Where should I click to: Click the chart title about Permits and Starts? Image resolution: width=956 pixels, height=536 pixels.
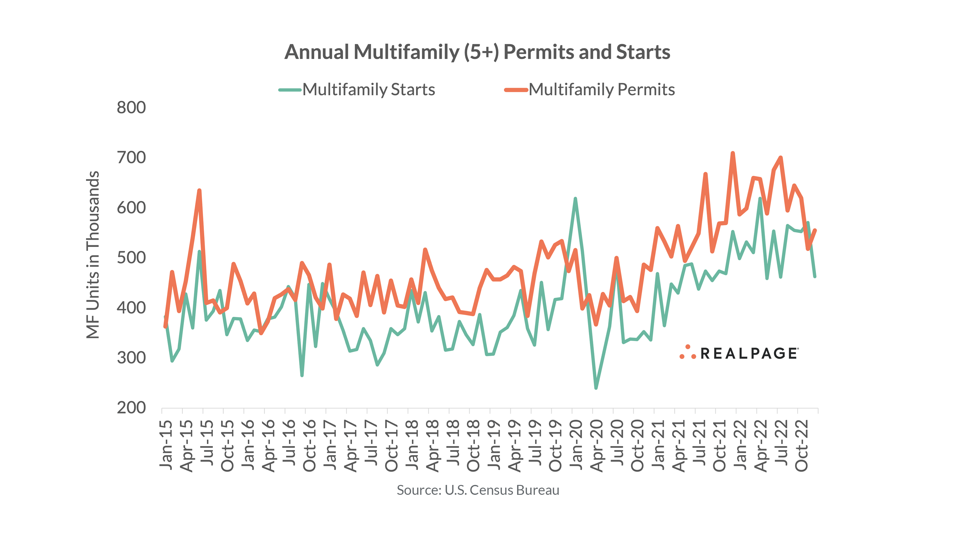(477, 52)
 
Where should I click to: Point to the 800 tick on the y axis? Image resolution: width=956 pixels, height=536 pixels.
(131, 107)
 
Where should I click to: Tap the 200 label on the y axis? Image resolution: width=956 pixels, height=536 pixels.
(131, 408)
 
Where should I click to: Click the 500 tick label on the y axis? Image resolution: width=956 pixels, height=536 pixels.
(131, 258)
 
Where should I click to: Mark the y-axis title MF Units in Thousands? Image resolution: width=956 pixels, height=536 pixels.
(93, 255)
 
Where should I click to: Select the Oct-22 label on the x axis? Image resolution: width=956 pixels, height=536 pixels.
(802, 446)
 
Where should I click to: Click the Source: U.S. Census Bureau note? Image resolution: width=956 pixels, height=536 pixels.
(478, 490)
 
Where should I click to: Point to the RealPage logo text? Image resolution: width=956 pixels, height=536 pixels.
(749, 353)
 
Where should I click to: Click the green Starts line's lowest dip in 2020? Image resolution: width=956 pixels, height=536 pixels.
(596, 388)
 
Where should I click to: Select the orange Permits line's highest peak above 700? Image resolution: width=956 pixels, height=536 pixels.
(733, 153)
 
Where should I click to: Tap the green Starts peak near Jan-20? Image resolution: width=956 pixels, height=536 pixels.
(575, 199)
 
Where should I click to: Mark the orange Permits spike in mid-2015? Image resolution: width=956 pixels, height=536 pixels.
(199, 191)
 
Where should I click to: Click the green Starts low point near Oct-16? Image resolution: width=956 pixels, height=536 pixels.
(302, 376)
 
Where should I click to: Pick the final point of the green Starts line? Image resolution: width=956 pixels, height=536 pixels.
(814, 277)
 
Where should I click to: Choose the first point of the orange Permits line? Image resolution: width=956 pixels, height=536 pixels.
(165, 327)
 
